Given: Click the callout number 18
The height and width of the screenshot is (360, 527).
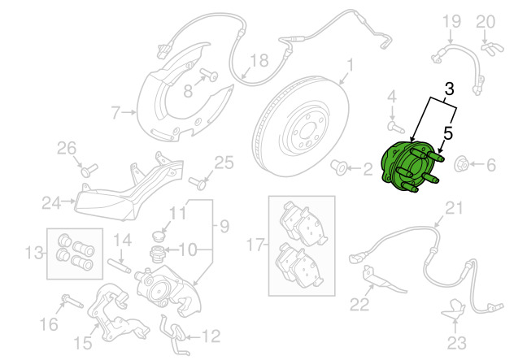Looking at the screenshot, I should pos(259,60).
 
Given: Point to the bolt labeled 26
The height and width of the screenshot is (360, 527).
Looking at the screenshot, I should pos(89,169).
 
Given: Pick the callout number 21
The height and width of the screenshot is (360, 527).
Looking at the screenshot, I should pos(452,209).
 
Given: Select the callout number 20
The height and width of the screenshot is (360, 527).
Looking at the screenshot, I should pos(485,21).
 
